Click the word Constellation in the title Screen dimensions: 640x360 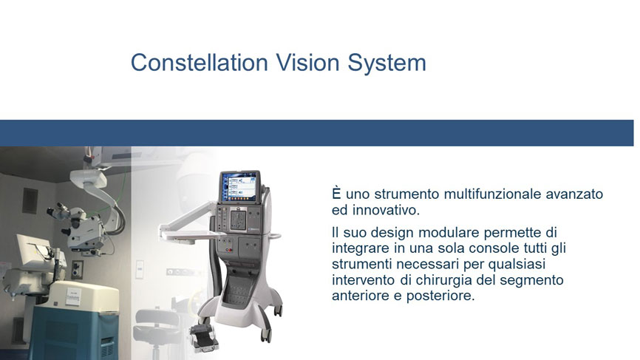(200, 62)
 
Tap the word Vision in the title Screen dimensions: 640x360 (307, 62)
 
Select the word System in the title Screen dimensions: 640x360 (387, 64)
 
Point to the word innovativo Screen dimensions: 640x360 (386, 210)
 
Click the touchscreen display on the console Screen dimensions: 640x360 (240, 187)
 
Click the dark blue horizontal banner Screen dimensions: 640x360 (317, 133)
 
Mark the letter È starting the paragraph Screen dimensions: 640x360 (336, 193)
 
